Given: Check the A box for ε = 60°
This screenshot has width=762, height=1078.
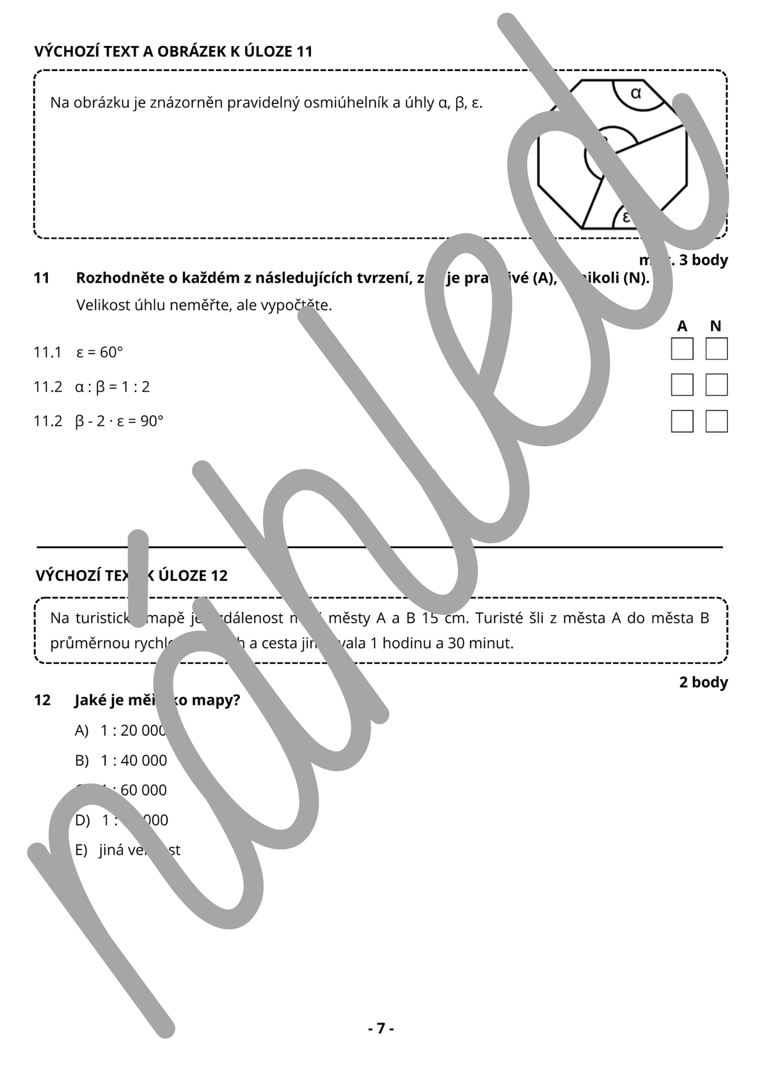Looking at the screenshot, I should tap(682, 349).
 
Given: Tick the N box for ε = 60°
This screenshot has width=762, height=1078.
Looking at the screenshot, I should tap(716, 349).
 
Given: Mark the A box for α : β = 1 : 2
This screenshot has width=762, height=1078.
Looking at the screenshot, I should tap(682, 385).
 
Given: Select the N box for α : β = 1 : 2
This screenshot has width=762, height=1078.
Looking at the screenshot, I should tap(716, 385).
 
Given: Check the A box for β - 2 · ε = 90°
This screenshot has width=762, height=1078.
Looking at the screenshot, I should tap(682, 421).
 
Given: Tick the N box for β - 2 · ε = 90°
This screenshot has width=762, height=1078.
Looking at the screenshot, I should tap(716, 421).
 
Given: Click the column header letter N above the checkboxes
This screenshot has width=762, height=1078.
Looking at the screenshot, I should tap(716, 326).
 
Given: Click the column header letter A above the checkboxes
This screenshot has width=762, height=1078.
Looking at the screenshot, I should tap(682, 326).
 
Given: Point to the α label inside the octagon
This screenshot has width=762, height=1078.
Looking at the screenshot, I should tap(636, 93).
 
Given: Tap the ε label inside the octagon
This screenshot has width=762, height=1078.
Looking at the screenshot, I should tap(626, 217).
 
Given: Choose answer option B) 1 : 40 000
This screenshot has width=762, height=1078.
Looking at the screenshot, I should tap(121, 761).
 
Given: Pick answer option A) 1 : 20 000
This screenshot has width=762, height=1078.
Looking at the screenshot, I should tap(121, 731).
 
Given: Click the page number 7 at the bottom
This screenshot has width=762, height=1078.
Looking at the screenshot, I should tap(381, 1028).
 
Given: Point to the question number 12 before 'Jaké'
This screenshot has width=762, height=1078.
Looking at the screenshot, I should tap(42, 700).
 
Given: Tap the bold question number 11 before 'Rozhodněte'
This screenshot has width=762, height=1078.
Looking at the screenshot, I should tap(41, 278).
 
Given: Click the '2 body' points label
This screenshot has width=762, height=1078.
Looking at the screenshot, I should tap(703, 682).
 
